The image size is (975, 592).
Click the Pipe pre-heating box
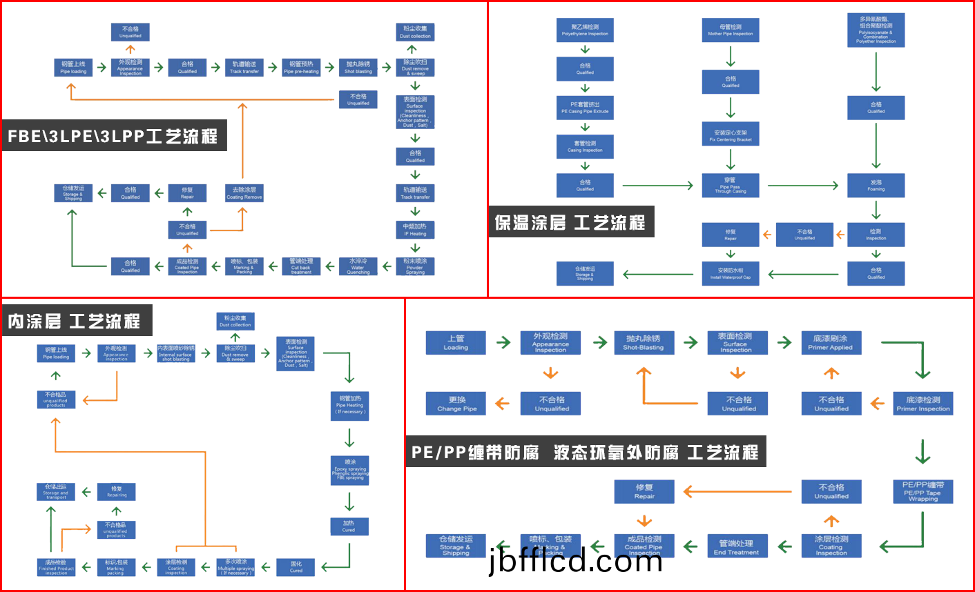point(301,67)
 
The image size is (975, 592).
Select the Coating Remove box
point(244,193)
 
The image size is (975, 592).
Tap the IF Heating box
point(415,230)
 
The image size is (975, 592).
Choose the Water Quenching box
point(358,266)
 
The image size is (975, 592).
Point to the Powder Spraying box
point(415,266)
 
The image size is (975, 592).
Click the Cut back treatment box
point(301,266)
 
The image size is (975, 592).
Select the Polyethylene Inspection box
point(585,30)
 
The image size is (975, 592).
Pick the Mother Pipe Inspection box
point(731,30)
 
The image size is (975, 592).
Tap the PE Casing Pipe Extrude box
point(585,108)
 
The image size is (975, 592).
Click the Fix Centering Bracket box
point(731,135)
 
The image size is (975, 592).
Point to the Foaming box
point(876,186)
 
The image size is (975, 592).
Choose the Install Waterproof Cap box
point(731,274)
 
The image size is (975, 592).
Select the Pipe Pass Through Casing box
point(731,186)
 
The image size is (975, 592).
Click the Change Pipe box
point(456,404)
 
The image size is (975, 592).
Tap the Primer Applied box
point(831,343)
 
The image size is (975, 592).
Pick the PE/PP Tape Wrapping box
point(923,492)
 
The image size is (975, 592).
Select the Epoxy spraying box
point(350,470)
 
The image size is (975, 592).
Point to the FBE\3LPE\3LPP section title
point(113,137)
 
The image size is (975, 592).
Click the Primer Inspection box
point(923,404)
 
